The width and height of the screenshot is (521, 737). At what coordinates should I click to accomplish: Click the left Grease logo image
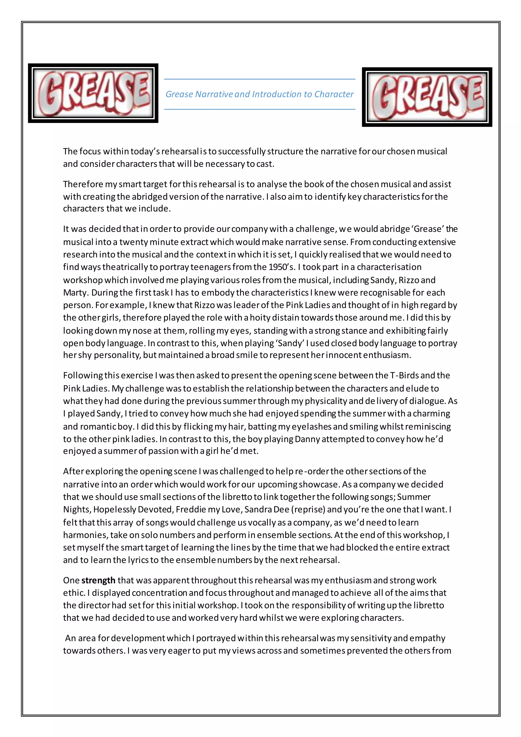(93, 93)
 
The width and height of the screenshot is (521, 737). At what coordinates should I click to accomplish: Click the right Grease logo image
(427, 97)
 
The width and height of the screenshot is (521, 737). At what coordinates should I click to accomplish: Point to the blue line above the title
(259, 79)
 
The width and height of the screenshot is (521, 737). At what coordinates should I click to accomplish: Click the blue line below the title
(259, 109)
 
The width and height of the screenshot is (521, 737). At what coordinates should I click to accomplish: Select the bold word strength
(98, 580)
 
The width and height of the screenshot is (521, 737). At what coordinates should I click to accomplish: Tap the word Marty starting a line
(75, 292)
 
